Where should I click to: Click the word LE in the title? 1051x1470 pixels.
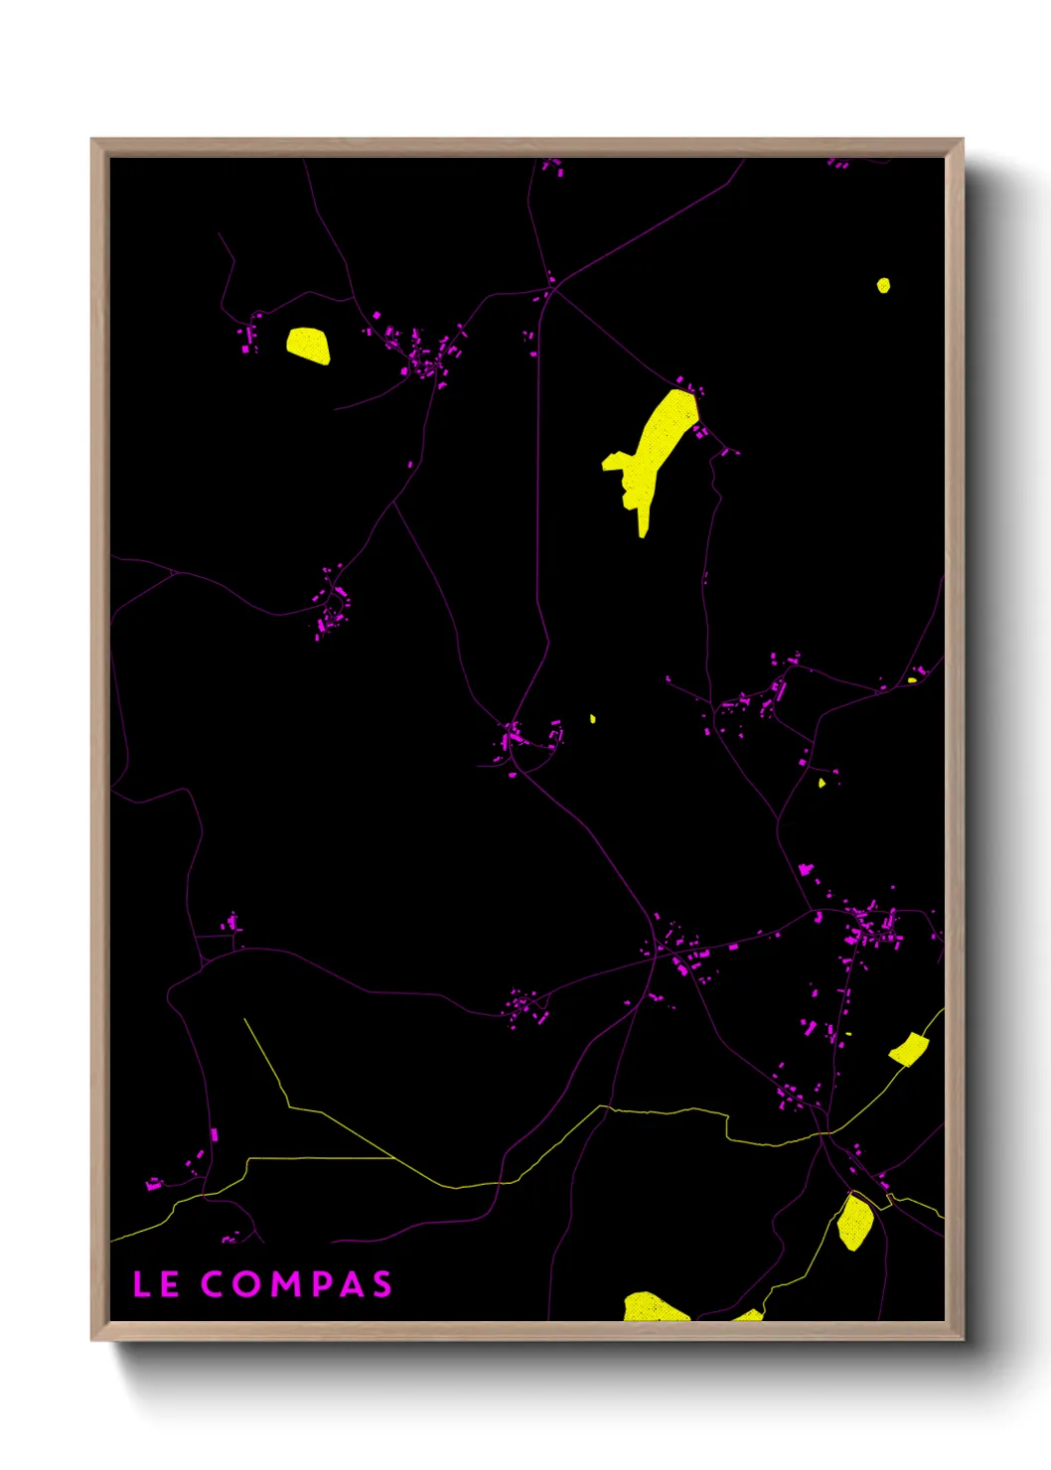(156, 1284)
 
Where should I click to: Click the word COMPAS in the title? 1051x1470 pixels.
(296, 1284)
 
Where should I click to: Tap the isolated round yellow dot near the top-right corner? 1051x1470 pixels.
(883, 286)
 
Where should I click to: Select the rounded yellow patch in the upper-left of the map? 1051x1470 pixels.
(308, 345)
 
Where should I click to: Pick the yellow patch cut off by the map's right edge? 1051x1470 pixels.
(909, 1049)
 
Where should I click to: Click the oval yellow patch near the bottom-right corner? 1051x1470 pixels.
(854, 1222)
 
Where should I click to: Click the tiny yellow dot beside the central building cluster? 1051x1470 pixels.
(593, 718)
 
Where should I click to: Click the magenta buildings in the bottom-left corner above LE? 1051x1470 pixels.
(155, 1183)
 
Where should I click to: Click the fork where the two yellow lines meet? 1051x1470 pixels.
(395, 1158)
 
